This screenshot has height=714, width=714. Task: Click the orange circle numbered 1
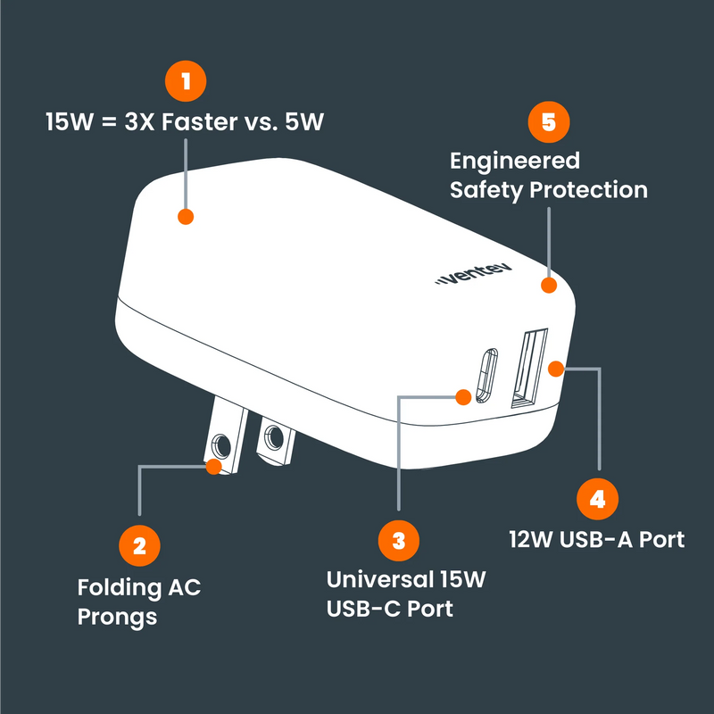coord(186,81)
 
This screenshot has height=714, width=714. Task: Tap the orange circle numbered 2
coord(139,545)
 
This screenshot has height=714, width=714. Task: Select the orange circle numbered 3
coord(399,540)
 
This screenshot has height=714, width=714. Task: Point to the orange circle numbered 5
coord(548,123)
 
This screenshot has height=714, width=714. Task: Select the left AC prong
coord(224,437)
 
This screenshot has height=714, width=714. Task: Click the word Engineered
coord(515,162)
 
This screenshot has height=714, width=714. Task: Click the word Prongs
coord(117,617)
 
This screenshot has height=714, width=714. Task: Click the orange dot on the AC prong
coord(213,466)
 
